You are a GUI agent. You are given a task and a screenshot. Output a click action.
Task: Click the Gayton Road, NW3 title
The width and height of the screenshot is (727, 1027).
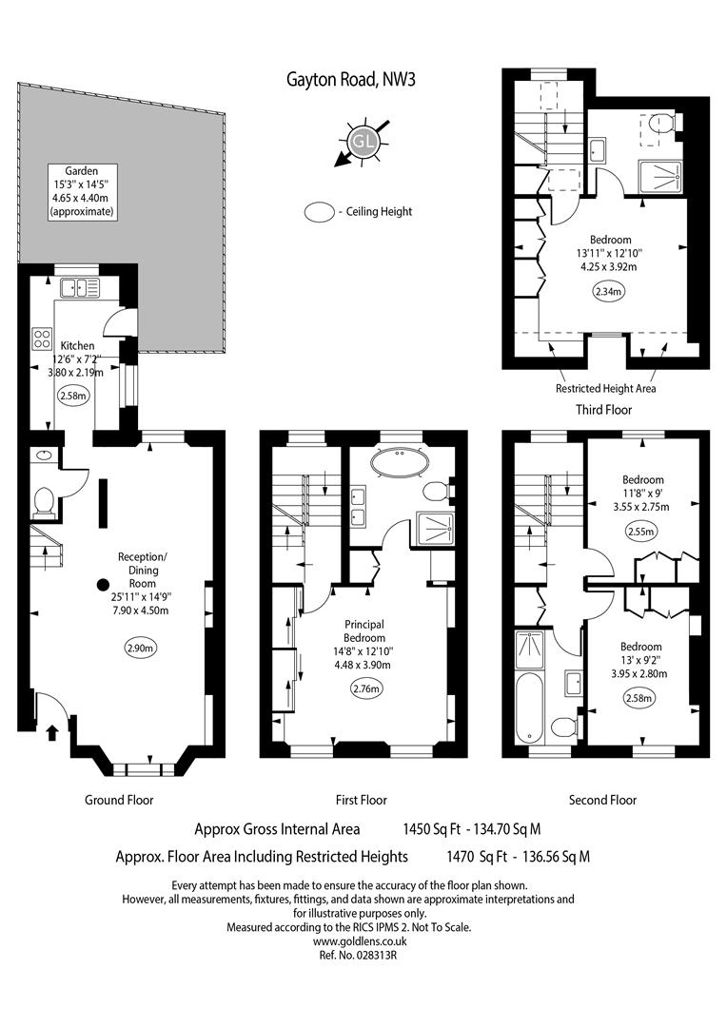[x=351, y=80]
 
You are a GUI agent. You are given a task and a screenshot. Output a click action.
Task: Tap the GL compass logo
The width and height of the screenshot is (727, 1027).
[x=363, y=142]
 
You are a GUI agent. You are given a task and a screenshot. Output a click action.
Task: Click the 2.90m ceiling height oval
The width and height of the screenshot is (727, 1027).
[x=142, y=649]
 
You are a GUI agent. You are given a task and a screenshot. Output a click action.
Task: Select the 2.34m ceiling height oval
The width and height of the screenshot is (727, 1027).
[x=608, y=292]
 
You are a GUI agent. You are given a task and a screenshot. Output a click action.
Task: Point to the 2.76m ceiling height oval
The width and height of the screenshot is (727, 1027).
[x=366, y=688]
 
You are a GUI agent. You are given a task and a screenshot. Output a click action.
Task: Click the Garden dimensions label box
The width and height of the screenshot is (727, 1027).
[x=82, y=191]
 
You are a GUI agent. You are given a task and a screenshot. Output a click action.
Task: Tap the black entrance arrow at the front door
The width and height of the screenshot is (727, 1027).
[x=52, y=731]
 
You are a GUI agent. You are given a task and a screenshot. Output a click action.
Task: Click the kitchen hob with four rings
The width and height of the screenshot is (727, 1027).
[x=42, y=338]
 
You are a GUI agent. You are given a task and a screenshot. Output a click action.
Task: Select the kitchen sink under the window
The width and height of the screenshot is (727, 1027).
[x=79, y=287]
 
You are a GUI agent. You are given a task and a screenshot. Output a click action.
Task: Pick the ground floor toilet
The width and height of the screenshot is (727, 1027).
[x=43, y=501]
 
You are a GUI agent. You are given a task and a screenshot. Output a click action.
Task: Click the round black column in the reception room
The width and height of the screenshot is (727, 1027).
[x=103, y=584]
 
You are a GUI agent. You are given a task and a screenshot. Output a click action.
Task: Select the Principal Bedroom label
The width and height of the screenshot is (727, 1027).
[x=364, y=630]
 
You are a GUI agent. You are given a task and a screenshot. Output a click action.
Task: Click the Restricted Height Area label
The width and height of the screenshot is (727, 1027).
[x=606, y=388]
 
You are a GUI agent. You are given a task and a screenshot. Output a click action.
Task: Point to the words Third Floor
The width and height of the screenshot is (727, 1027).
[x=603, y=410]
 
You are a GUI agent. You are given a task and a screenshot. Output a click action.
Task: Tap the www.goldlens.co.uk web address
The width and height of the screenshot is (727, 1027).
[x=360, y=941]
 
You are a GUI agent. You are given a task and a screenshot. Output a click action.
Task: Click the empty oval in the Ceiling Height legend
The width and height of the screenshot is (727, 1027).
[x=319, y=212]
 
